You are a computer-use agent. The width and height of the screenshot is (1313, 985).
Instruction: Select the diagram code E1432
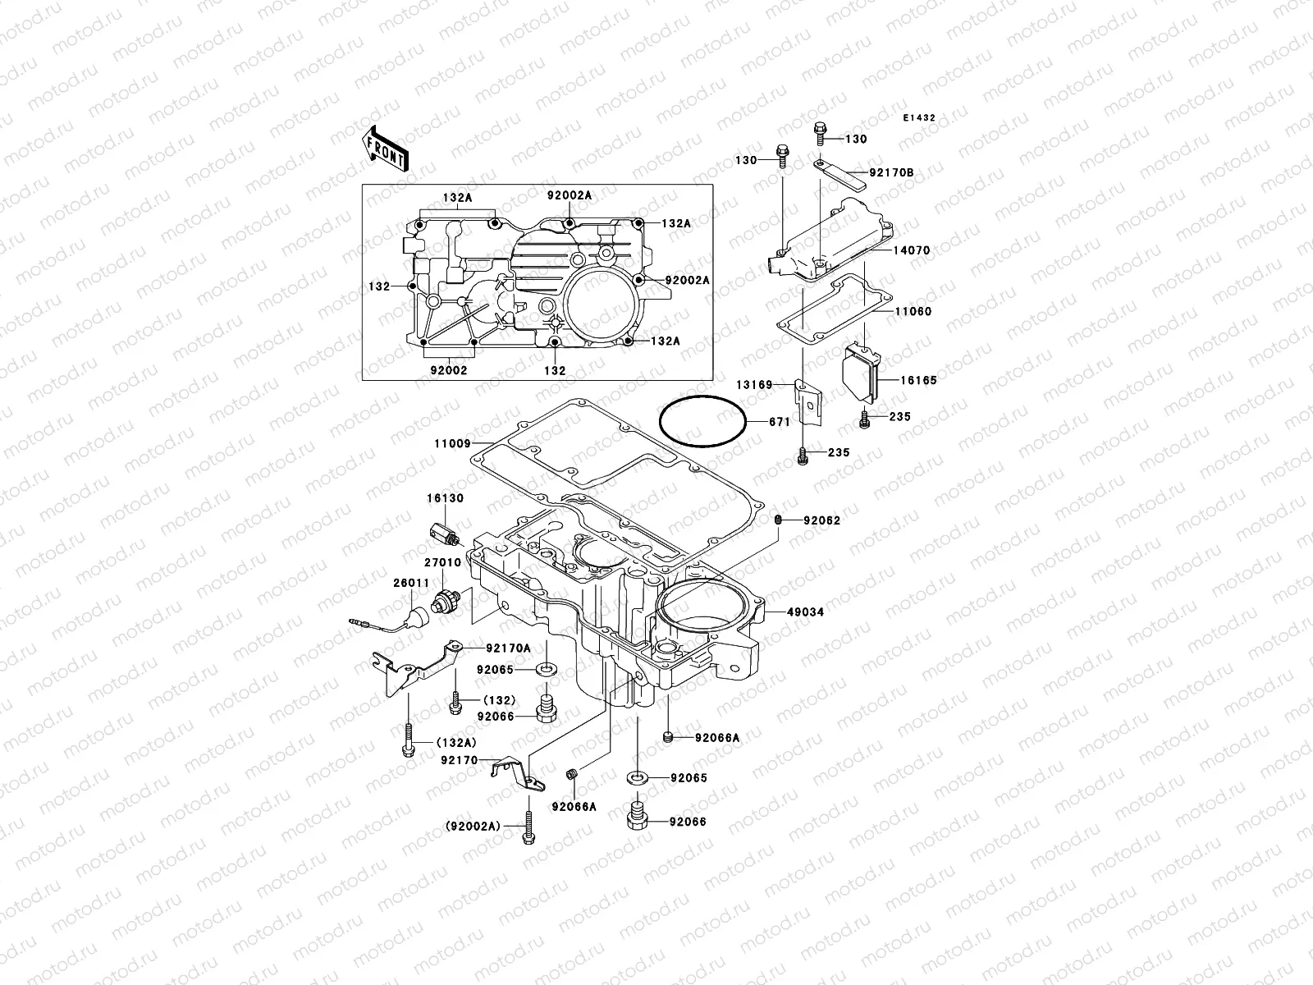point(919,118)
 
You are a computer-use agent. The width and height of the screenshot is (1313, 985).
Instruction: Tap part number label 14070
point(912,251)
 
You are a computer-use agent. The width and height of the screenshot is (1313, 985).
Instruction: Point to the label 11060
point(913,312)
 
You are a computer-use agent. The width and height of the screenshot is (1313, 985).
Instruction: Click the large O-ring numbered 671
point(702,420)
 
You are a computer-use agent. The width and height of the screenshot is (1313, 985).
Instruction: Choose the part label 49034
point(805,612)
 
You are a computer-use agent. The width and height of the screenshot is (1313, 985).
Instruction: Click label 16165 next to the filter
point(917,380)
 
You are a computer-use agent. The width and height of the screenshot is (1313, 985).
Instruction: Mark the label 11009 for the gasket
point(452,444)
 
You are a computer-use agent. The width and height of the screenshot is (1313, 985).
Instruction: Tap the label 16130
point(444,497)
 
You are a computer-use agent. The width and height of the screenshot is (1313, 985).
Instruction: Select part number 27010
point(442,563)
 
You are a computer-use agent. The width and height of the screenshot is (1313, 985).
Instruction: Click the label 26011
point(410,584)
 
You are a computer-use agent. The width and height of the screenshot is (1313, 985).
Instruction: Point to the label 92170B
point(891,173)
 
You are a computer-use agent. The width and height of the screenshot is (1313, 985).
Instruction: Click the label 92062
point(821,520)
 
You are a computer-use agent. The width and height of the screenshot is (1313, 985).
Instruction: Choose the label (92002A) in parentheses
point(472,827)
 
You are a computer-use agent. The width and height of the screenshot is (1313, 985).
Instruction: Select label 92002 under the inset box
point(448,370)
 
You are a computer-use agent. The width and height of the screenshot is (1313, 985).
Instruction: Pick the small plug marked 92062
point(779,520)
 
